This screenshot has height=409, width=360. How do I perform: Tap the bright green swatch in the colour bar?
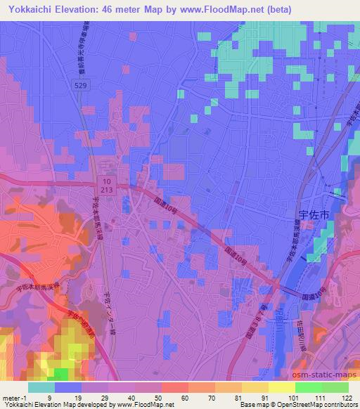click(308, 387)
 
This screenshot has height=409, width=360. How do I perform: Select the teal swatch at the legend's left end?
click(41, 387)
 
